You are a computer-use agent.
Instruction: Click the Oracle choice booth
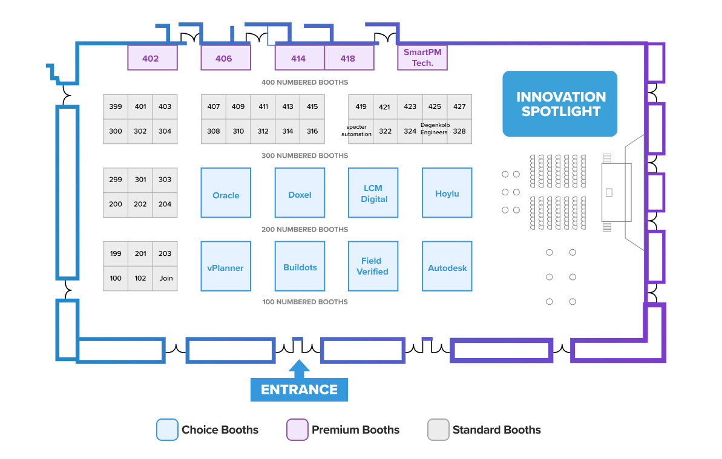tap(226, 193)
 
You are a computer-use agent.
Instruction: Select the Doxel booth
tap(300, 193)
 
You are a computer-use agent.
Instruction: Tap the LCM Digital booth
tap(373, 193)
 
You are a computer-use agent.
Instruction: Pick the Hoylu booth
tap(447, 193)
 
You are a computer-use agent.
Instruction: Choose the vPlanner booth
tap(226, 267)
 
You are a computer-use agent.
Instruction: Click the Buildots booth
tap(300, 267)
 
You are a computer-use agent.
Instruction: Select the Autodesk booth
tap(447, 267)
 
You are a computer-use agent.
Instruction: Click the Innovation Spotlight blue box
tap(560, 104)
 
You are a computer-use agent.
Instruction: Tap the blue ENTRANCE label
tap(299, 389)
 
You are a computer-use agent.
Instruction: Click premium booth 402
tap(152, 58)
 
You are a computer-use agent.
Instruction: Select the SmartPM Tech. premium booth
tap(422, 57)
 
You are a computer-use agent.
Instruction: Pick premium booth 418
tap(349, 58)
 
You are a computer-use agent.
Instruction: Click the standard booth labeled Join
tap(165, 278)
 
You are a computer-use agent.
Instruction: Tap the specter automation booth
tap(361, 131)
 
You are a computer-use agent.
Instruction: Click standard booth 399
tap(116, 106)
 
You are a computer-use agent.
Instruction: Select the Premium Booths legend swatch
tap(297, 430)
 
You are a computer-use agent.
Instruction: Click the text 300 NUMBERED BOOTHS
tap(304, 155)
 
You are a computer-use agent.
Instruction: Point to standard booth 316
tap(312, 131)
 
